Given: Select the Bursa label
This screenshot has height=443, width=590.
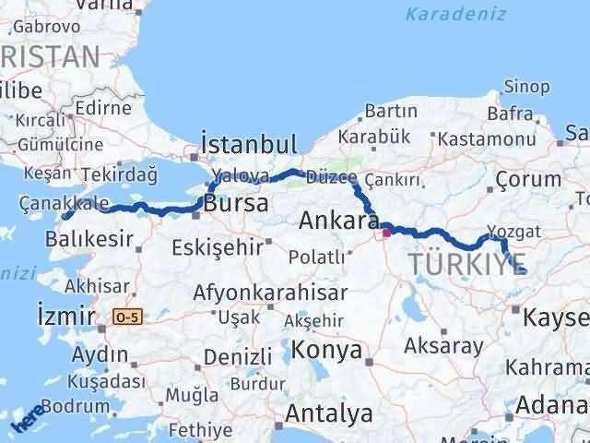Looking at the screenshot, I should pos(237,203).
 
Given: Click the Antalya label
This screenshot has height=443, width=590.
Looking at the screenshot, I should pos(329,413).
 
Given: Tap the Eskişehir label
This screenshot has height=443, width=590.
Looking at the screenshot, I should pos(216,247).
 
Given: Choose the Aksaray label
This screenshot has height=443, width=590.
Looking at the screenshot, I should pos(443,346).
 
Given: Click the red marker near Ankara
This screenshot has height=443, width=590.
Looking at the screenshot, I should pos(386,233).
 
